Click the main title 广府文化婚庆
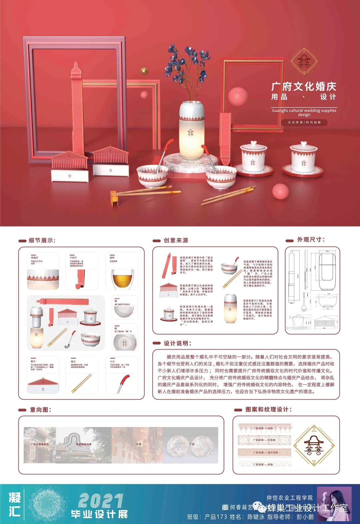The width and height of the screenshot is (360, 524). point(304,86)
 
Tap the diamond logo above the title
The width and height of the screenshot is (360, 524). point(304,61)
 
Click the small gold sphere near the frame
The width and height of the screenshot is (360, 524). point(144,71)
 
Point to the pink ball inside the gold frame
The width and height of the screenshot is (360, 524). point(238,96)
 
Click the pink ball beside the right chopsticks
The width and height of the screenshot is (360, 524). point(280,191)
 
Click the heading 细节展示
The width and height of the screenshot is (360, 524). point(42,240)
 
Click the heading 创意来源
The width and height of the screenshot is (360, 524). point(176,240)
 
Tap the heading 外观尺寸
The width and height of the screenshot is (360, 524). point(310,239)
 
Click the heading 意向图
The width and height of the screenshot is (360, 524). point(40,410)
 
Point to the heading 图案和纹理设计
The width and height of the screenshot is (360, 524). point(268,409)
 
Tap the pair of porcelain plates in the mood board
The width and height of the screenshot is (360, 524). point(192,446)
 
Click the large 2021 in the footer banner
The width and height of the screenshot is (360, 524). point(101,501)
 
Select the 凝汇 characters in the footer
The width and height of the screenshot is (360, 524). point(15,504)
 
